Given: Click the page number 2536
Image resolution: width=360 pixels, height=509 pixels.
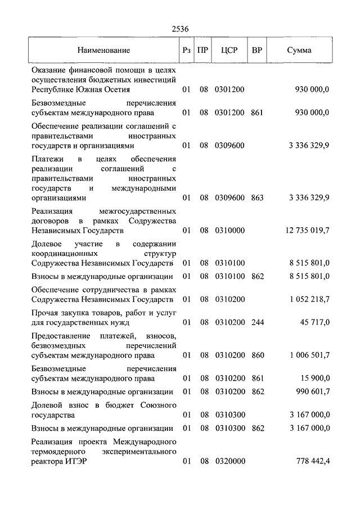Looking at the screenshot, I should coord(180,29).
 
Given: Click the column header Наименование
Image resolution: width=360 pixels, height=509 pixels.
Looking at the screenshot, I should coord(104,50).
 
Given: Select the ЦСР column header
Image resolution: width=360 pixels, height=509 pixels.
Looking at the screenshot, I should coord(229,50).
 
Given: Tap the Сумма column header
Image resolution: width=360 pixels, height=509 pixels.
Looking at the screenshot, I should coord(299,50).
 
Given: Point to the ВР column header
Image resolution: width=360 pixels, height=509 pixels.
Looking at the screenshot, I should coord(257,50).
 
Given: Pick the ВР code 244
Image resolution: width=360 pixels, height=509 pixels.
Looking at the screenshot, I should coord(258,323).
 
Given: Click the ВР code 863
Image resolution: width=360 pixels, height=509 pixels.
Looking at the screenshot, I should coord(258,198).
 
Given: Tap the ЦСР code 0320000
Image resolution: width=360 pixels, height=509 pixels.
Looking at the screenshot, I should coord(229,461).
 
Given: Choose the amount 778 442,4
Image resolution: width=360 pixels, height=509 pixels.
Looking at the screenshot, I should coord(313,461).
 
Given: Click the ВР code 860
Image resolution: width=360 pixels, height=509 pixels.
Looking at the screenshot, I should coord(258,355).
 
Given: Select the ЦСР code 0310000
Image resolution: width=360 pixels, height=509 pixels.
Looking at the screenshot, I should coord(229,231).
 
